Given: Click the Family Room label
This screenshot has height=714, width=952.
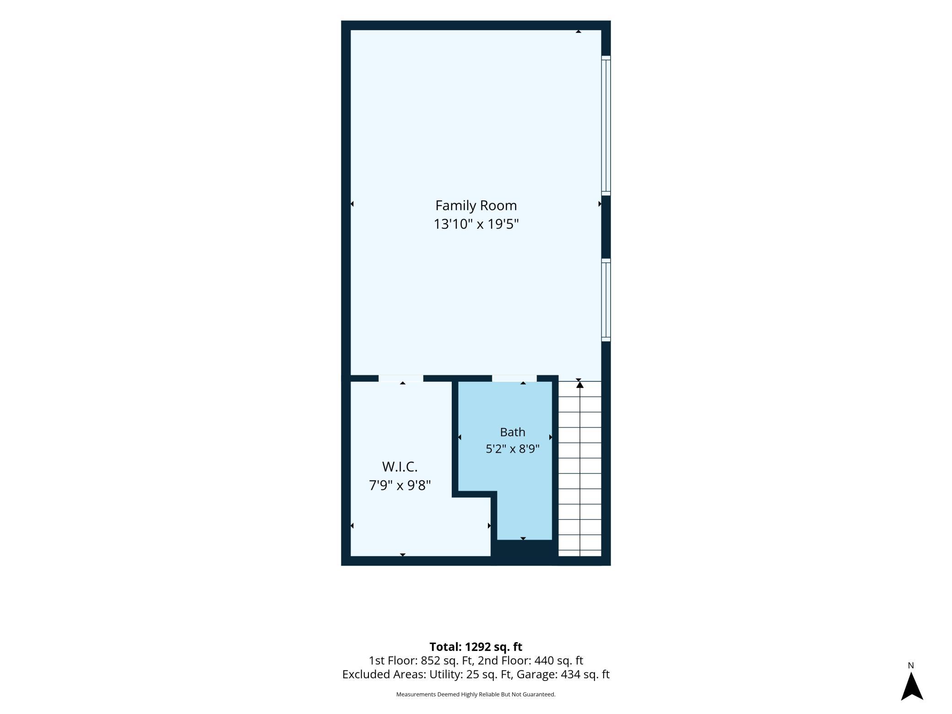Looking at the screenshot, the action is pyautogui.click(x=476, y=206).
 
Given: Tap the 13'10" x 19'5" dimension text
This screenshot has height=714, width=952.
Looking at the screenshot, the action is pyautogui.click(x=476, y=224).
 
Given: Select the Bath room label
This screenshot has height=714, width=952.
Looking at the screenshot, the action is pyautogui.click(x=513, y=432).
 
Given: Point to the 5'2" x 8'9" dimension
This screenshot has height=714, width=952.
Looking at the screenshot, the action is pyautogui.click(x=513, y=449).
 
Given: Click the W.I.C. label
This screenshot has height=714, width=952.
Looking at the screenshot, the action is pyautogui.click(x=400, y=467).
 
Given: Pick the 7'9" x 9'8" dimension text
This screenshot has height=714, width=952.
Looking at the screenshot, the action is pyautogui.click(x=400, y=485).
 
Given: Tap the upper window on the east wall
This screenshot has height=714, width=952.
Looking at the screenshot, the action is pyautogui.click(x=606, y=126).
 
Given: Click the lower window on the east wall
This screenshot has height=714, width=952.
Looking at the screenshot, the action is pyautogui.click(x=606, y=300).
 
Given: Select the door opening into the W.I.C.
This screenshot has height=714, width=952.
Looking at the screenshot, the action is pyautogui.click(x=401, y=378).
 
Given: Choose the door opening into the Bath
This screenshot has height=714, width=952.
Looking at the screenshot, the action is pyautogui.click(x=514, y=378).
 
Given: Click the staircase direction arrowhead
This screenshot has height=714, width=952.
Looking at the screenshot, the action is pyautogui.click(x=580, y=385).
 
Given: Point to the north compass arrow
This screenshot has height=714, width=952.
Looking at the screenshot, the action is pyautogui.click(x=912, y=686).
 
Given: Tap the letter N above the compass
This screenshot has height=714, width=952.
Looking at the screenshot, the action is pyautogui.click(x=911, y=665).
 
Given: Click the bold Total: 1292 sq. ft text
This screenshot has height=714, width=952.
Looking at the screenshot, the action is pyautogui.click(x=476, y=647).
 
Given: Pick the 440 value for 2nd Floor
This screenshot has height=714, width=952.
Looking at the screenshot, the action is pyautogui.click(x=544, y=660).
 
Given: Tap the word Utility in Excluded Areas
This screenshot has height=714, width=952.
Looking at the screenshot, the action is pyautogui.click(x=446, y=674).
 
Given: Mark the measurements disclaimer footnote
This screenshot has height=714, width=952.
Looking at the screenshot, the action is pyautogui.click(x=476, y=694).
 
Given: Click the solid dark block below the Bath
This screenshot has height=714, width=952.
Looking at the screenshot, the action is pyautogui.click(x=525, y=552).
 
